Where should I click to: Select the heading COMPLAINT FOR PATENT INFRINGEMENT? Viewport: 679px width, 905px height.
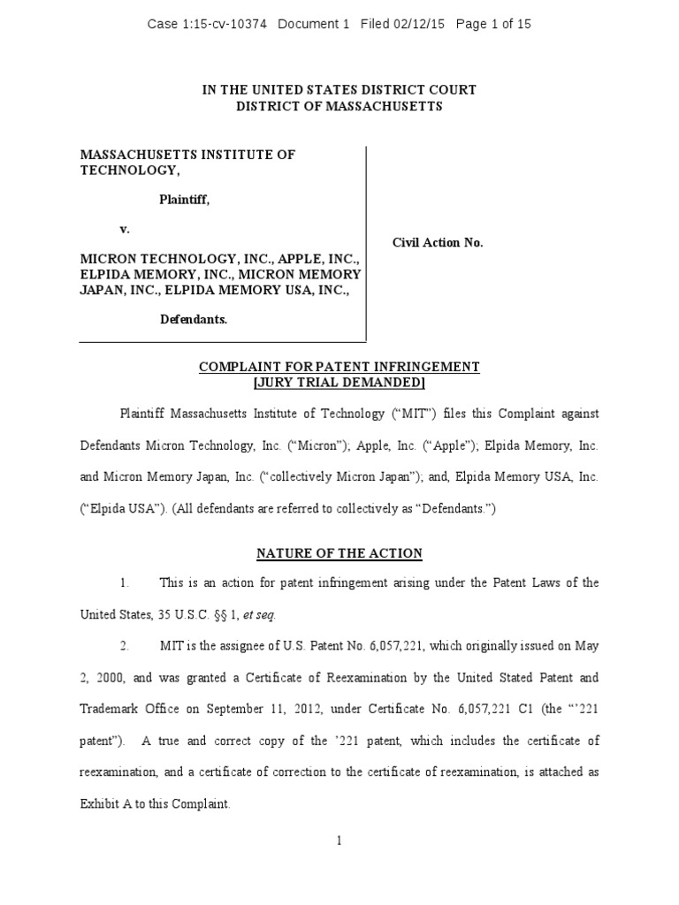pos(339,367)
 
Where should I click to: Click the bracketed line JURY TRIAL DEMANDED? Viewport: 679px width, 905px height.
pos(339,383)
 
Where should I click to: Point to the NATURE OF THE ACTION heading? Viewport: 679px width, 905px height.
pos(339,554)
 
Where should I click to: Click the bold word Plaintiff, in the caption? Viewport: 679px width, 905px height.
pos(185,201)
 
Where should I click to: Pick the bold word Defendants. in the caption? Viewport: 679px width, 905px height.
pos(194,320)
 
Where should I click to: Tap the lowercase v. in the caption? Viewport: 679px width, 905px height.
pos(125,229)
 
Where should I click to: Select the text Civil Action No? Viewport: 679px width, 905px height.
pos(438,242)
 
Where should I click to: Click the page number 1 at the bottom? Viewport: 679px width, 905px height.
pos(339,840)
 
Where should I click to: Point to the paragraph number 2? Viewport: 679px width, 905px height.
pos(125,647)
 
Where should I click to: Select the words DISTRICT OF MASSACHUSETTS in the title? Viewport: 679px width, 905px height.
pos(339,107)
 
